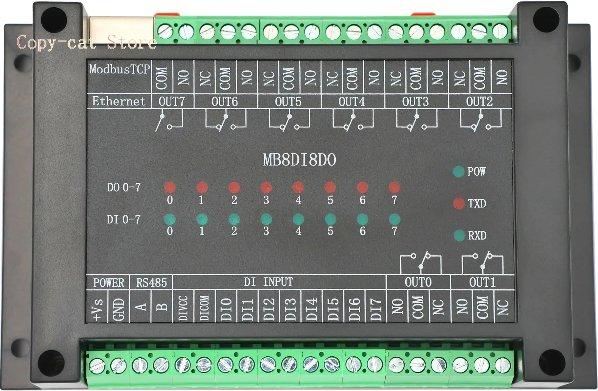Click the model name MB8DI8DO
(299, 160)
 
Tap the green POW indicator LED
(458, 171)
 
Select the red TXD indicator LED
(459, 203)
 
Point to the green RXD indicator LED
(459, 235)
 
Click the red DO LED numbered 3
(266, 187)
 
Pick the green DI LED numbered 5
(330, 219)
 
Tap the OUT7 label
(172, 101)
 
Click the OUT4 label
(352, 101)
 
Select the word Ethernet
(119, 101)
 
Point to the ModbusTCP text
(119, 69)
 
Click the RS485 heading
(151, 282)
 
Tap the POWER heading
(108, 282)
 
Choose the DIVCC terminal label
(183, 308)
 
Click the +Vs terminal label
(97, 308)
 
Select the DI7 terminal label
(376, 308)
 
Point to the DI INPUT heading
(268, 282)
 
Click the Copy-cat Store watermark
(86, 43)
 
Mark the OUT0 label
(418, 282)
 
